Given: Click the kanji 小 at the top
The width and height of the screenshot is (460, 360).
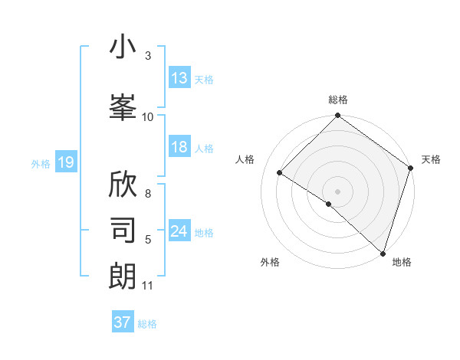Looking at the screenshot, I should (x=123, y=47).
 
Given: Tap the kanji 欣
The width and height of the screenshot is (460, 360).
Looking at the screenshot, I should (x=123, y=185).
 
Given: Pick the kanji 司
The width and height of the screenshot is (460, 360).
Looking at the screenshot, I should (x=123, y=229).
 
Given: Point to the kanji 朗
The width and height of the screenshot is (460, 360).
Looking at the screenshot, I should (x=123, y=275).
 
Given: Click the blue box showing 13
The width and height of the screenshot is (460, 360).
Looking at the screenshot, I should (x=179, y=78).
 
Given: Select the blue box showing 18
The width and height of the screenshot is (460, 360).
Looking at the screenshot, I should (x=179, y=148).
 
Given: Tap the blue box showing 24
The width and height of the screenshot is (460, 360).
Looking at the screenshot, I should (x=179, y=232).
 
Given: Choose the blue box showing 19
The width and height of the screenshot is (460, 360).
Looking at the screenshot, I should (x=65, y=162).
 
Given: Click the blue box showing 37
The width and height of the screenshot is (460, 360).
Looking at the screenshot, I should (x=123, y=322).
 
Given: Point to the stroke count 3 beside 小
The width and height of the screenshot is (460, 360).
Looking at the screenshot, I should (x=148, y=56).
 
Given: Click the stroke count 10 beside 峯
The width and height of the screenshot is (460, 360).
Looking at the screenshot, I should (x=148, y=116).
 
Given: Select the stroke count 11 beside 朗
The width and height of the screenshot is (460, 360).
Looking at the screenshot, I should (x=148, y=286).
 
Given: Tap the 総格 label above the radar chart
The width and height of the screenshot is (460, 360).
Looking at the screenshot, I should (x=337, y=100).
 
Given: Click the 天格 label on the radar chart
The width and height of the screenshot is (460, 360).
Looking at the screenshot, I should (x=431, y=159).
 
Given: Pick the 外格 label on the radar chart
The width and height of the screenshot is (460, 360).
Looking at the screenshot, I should (x=270, y=262).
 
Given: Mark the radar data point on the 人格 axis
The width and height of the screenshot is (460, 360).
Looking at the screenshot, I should (x=280, y=173).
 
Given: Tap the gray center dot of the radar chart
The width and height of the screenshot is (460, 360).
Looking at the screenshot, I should (x=337, y=191).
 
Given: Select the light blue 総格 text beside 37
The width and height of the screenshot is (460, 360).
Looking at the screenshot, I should (x=147, y=324).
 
